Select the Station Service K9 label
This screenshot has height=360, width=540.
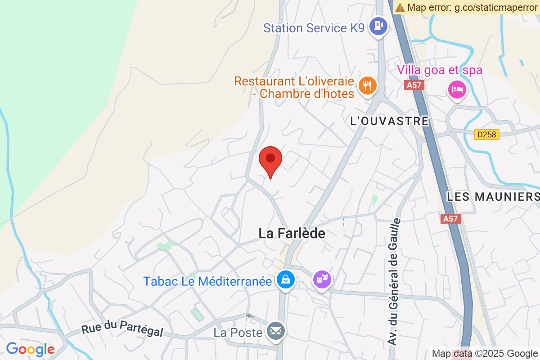pyautogui.click(x=313, y=28)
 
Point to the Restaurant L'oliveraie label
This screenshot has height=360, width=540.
pyautogui.click(x=295, y=88)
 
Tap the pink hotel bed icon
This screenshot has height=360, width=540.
pyautogui.click(x=457, y=90)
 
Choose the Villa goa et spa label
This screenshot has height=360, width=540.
pyautogui.click(x=439, y=70)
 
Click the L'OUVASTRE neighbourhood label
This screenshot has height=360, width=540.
pyautogui.click(x=389, y=121)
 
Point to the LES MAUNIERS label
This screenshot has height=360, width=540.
pyautogui.click(x=493, y=197)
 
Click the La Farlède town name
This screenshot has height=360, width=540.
pyautogui.click(x=292, y=233)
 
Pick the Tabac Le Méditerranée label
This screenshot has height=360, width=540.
pyautogui.click(x=207, y=281)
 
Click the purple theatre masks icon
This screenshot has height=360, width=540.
pyautogui.click(x=322, y=280)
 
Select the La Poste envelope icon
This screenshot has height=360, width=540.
pyautogui.click(x=275, y=332)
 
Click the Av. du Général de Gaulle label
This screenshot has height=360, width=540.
pyautogui.click(x=394, y=282)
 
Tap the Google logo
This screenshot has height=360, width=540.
pyautogui.click(x=30, y=349)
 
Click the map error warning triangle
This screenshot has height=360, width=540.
pyautogui.click(x=400, y=7)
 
